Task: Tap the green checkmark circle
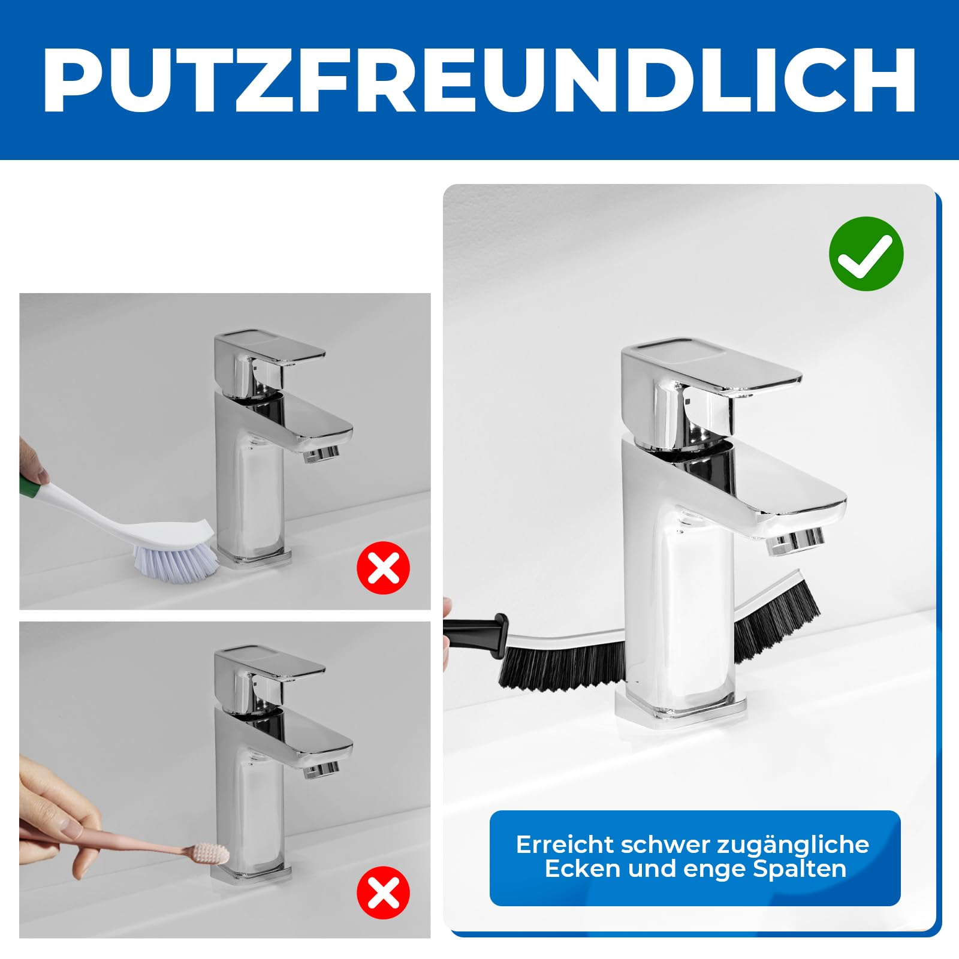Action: [865, 254]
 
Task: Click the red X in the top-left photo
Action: [383, 568]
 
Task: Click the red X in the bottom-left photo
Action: [383, 892]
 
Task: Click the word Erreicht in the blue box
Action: [565, 845]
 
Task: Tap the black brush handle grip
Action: [479, 630]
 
